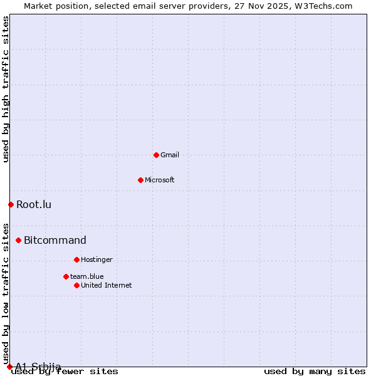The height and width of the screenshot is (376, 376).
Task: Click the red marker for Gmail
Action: (156, 155)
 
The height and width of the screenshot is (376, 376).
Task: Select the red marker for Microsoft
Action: (140, 180)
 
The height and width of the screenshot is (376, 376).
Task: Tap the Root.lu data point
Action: (11, 204)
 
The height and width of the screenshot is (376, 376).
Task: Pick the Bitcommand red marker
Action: (18, 240)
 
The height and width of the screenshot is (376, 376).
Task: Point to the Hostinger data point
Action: (76, 259)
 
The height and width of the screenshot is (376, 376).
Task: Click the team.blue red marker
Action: (66, 276)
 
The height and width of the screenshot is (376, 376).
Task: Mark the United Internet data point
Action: (76, 285)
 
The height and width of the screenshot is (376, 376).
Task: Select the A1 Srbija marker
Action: (9, 367)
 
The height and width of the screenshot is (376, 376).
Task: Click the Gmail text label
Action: (170, 155)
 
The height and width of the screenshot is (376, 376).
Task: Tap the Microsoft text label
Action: (160, 180)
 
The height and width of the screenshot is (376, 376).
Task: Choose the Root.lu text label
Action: (34, 204)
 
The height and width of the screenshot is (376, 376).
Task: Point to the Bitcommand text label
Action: (55, 240)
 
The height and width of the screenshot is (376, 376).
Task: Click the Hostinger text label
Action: (97, 259)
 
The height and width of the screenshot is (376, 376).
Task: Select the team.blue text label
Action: (87, 276)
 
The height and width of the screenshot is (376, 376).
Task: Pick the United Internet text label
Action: (107, 285)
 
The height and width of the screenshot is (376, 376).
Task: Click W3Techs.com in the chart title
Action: (323, 6)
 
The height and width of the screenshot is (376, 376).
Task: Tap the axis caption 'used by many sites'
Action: (315, 372)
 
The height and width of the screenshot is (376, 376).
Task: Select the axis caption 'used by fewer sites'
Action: (65, 372)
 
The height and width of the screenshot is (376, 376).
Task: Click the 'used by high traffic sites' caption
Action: (6, 89)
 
